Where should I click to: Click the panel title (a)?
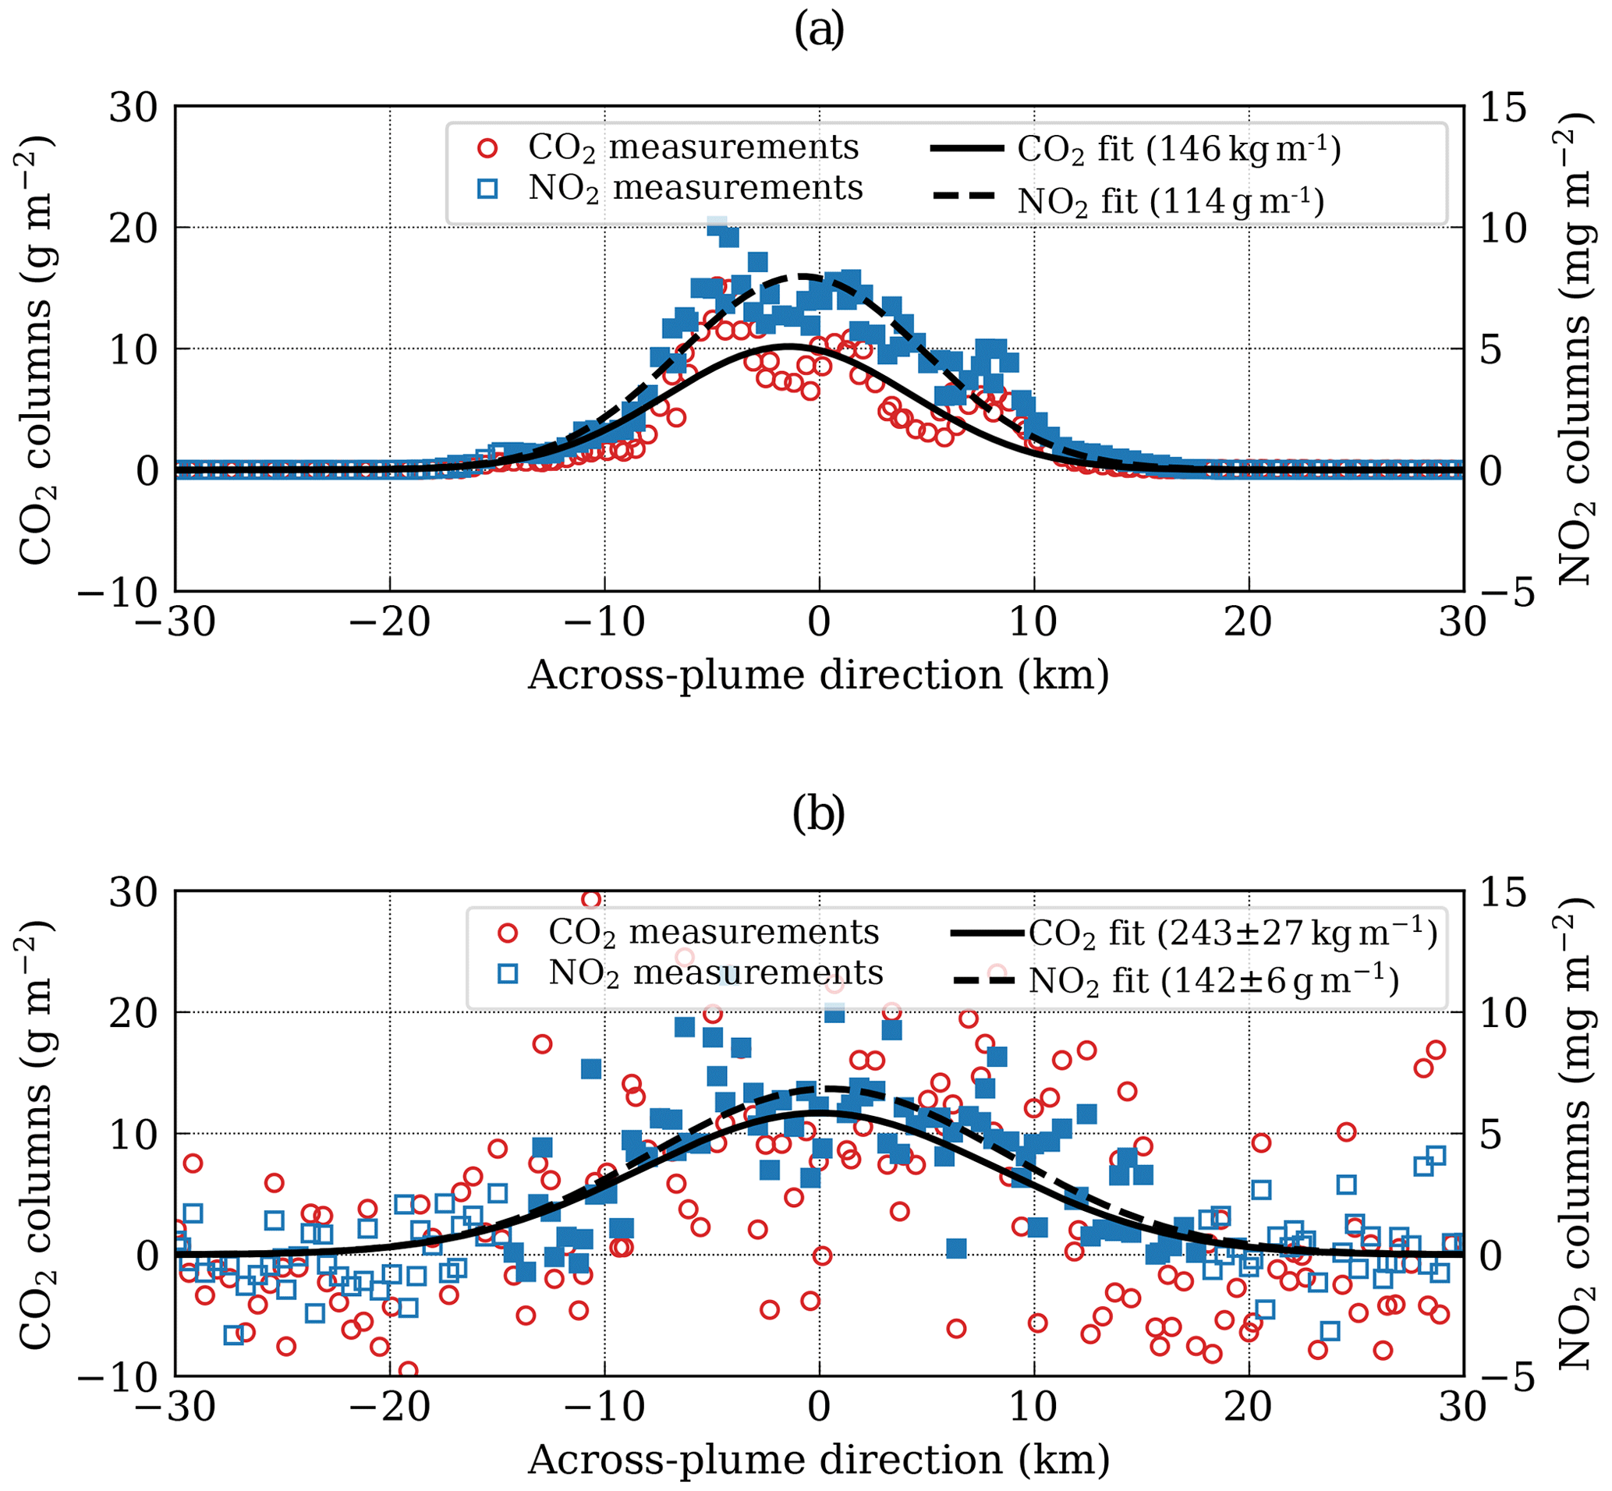tap(819, 31)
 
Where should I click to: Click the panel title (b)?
tap(819, 816)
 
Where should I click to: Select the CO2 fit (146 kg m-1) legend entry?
tap(1135, 150)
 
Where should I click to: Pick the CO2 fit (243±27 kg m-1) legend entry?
tap(1194, 933)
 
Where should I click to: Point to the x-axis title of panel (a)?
tap(819, 675)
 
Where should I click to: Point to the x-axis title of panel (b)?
tap(819, 1460)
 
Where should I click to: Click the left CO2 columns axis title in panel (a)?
tap(37, 349)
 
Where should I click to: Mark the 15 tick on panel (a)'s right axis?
tap(1503, 108)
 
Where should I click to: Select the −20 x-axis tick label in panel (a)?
tap(391, 624)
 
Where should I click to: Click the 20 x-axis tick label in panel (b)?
tap(1248, 1408)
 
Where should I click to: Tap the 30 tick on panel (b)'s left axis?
tap(133, 893)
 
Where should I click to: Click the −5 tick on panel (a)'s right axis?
tap(1503, 593)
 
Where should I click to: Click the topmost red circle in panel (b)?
tap(591, 899)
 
